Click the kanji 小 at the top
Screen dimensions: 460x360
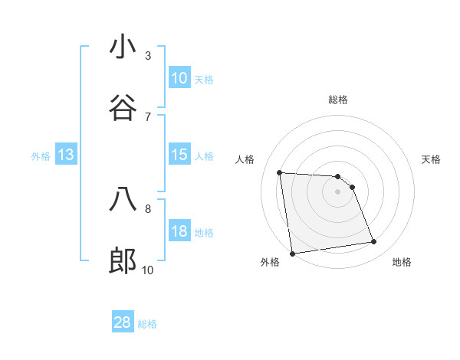[123, 47]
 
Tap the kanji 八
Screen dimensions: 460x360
[123, 200]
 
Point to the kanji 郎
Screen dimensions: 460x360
[123, 261]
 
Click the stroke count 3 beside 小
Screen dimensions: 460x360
[148, 55]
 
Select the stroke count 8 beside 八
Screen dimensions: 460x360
[148, 208]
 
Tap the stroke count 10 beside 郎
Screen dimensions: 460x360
[148, 270]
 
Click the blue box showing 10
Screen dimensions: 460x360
[179, 78]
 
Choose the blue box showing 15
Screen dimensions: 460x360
[179, 155]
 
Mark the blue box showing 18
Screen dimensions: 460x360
[179, 231]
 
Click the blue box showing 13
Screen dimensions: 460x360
[66, 155]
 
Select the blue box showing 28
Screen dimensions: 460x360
[123, 322]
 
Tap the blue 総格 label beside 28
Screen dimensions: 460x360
[147, 324]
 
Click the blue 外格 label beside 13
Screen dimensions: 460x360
[41, 156]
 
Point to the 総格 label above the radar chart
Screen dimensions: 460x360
[338, 100]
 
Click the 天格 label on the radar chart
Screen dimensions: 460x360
[431, 159]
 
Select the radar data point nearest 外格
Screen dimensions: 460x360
[292, 254]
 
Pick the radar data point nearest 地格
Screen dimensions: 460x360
[374, 242]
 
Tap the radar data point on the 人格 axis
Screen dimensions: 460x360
[280, 172]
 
